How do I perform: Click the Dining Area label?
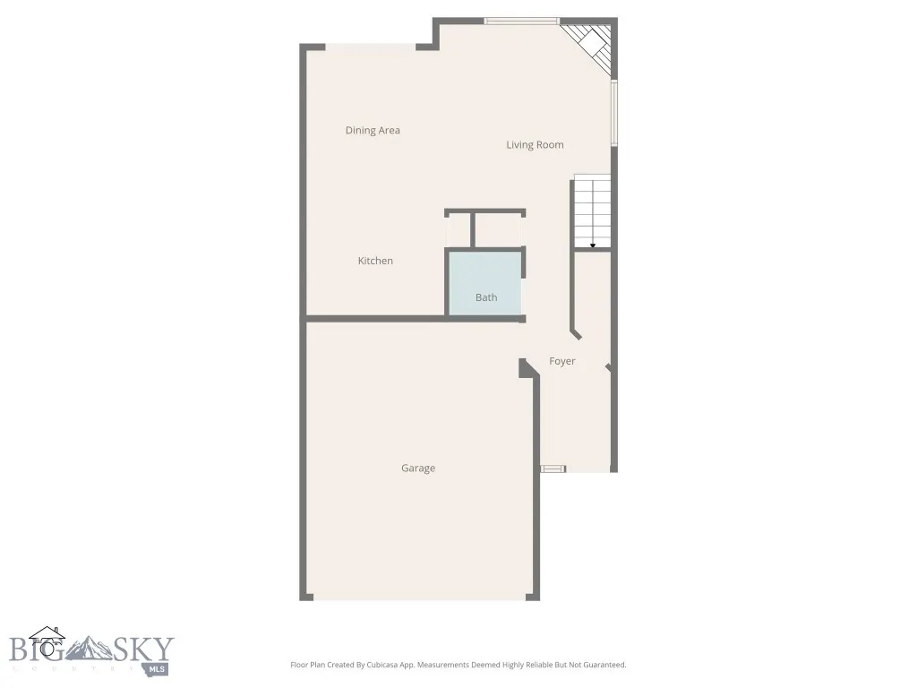pos(373,131)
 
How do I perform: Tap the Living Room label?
pos(535,145)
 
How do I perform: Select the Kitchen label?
pos(375,261)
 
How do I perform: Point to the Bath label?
pos(486,297)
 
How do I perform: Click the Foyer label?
pos(562,361)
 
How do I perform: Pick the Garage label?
pos(418,469)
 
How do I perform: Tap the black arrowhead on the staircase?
pos(593,245)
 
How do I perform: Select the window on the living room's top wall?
pos(521,21)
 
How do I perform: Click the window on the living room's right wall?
pos(614,114)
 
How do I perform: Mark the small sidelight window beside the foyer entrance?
pos(553,468)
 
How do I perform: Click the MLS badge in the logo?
pos(158,668)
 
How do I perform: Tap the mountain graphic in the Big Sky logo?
pos(90,649)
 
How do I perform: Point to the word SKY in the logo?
pos(143,649)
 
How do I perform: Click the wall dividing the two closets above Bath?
pos(472,229)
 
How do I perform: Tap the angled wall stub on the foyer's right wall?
pos(608,367)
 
